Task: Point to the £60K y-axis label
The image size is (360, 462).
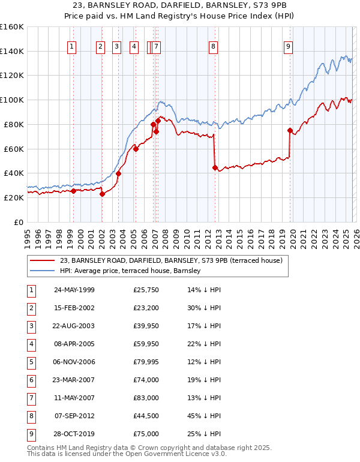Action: (14, 149)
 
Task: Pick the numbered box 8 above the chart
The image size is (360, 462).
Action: (213, 47)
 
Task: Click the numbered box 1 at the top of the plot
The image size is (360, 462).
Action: (72, 47)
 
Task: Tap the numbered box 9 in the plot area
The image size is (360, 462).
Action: (289, 47)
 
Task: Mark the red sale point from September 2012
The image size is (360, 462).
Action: (215, 168)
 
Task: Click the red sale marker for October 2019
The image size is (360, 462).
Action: (290, 130)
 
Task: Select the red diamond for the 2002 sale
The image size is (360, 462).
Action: (102, 194)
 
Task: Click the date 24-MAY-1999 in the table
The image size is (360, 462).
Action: (74, 290)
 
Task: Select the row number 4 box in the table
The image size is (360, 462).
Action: (30, 344)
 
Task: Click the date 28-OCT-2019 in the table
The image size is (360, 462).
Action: (74, 434)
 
